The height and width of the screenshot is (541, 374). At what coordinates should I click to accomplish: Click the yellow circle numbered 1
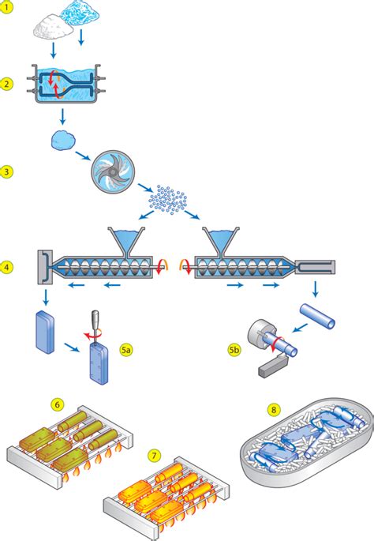pyautogui.click(x=6, y=6)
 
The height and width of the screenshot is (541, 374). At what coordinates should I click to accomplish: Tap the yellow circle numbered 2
pyautogui.click(x=6, y=84)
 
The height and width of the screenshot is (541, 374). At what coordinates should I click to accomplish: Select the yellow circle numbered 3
pyautogui.click(x=6, y=171)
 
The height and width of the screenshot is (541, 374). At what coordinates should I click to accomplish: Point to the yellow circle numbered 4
pyautogui.click(x=6, y=267)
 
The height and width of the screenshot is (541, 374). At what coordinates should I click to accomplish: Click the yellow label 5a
pyautogui.click(x=126, y=350)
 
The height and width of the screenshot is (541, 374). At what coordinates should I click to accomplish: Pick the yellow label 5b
pyautogui.click(x=234, y=350)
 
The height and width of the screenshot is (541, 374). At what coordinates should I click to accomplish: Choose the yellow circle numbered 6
pyautogui.click(x=58, y=404)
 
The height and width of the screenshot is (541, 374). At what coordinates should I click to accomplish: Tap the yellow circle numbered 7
pyautogui.click(x=154, y=456)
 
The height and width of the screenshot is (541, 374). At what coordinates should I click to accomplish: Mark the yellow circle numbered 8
pyautogui.click(x=274, y=410)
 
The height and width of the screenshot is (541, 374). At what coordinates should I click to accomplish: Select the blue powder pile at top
pyautogui.click(x=80, y=13)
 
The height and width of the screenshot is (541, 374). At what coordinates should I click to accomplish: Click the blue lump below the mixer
pyautogui.click(x=63, y=141)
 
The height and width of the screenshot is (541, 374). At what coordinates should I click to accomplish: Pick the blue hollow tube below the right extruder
pyautogui.click(x=317, y=316)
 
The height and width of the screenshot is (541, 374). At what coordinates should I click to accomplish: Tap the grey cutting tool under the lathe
pyautogui.click(x=272, y=366)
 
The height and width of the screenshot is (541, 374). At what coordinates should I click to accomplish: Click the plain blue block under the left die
pyautogui.click(x=45, y=332)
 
